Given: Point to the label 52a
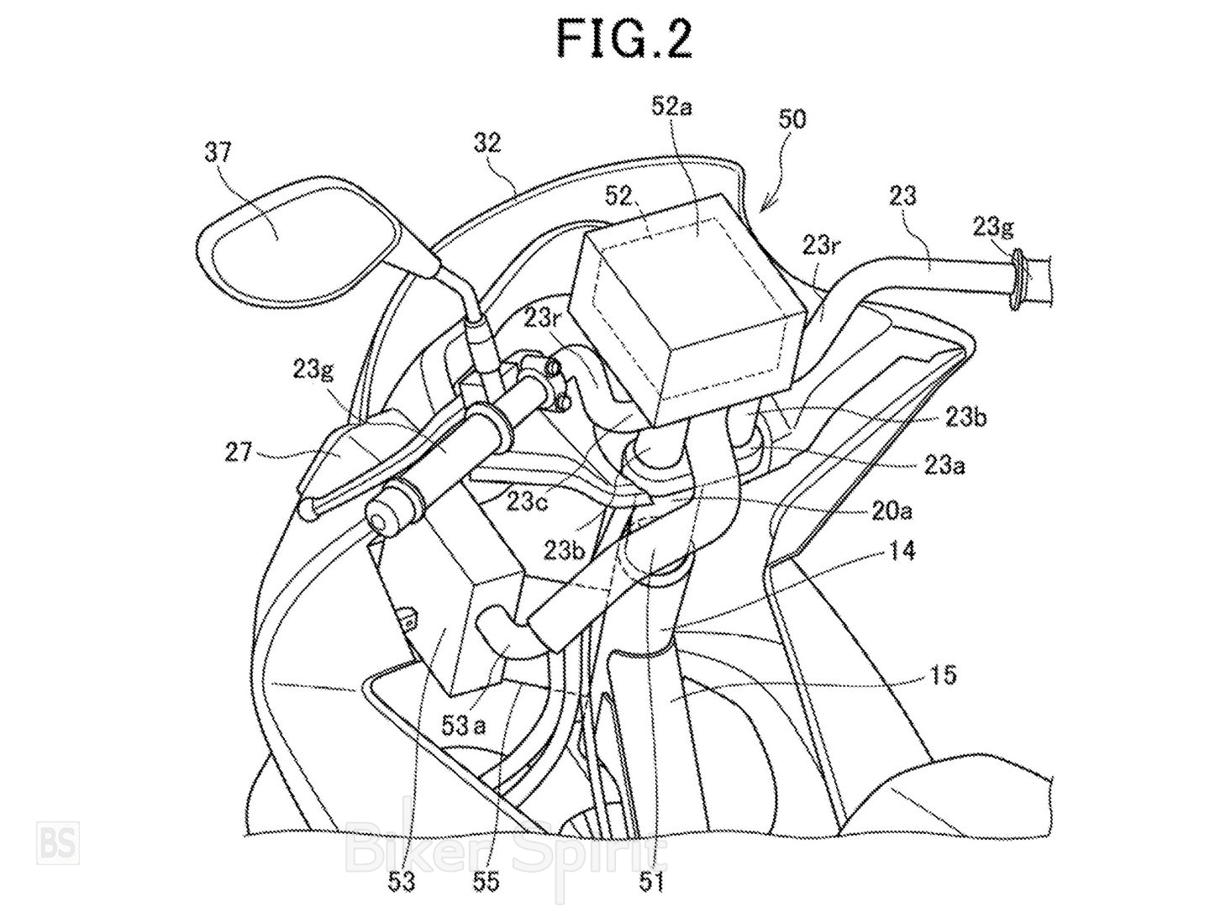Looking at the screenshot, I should pos(672,107).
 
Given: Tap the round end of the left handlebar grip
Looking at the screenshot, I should pos(386,513).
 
